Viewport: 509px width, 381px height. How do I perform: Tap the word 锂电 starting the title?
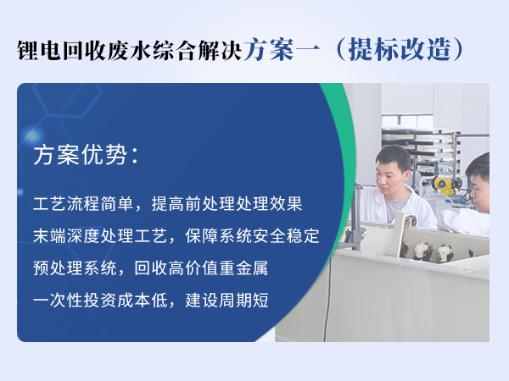point(37,49)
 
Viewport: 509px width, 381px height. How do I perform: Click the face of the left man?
point(394,168)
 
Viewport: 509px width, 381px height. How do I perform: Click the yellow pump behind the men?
point(442,181)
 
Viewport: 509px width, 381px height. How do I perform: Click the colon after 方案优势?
point(129,157)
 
